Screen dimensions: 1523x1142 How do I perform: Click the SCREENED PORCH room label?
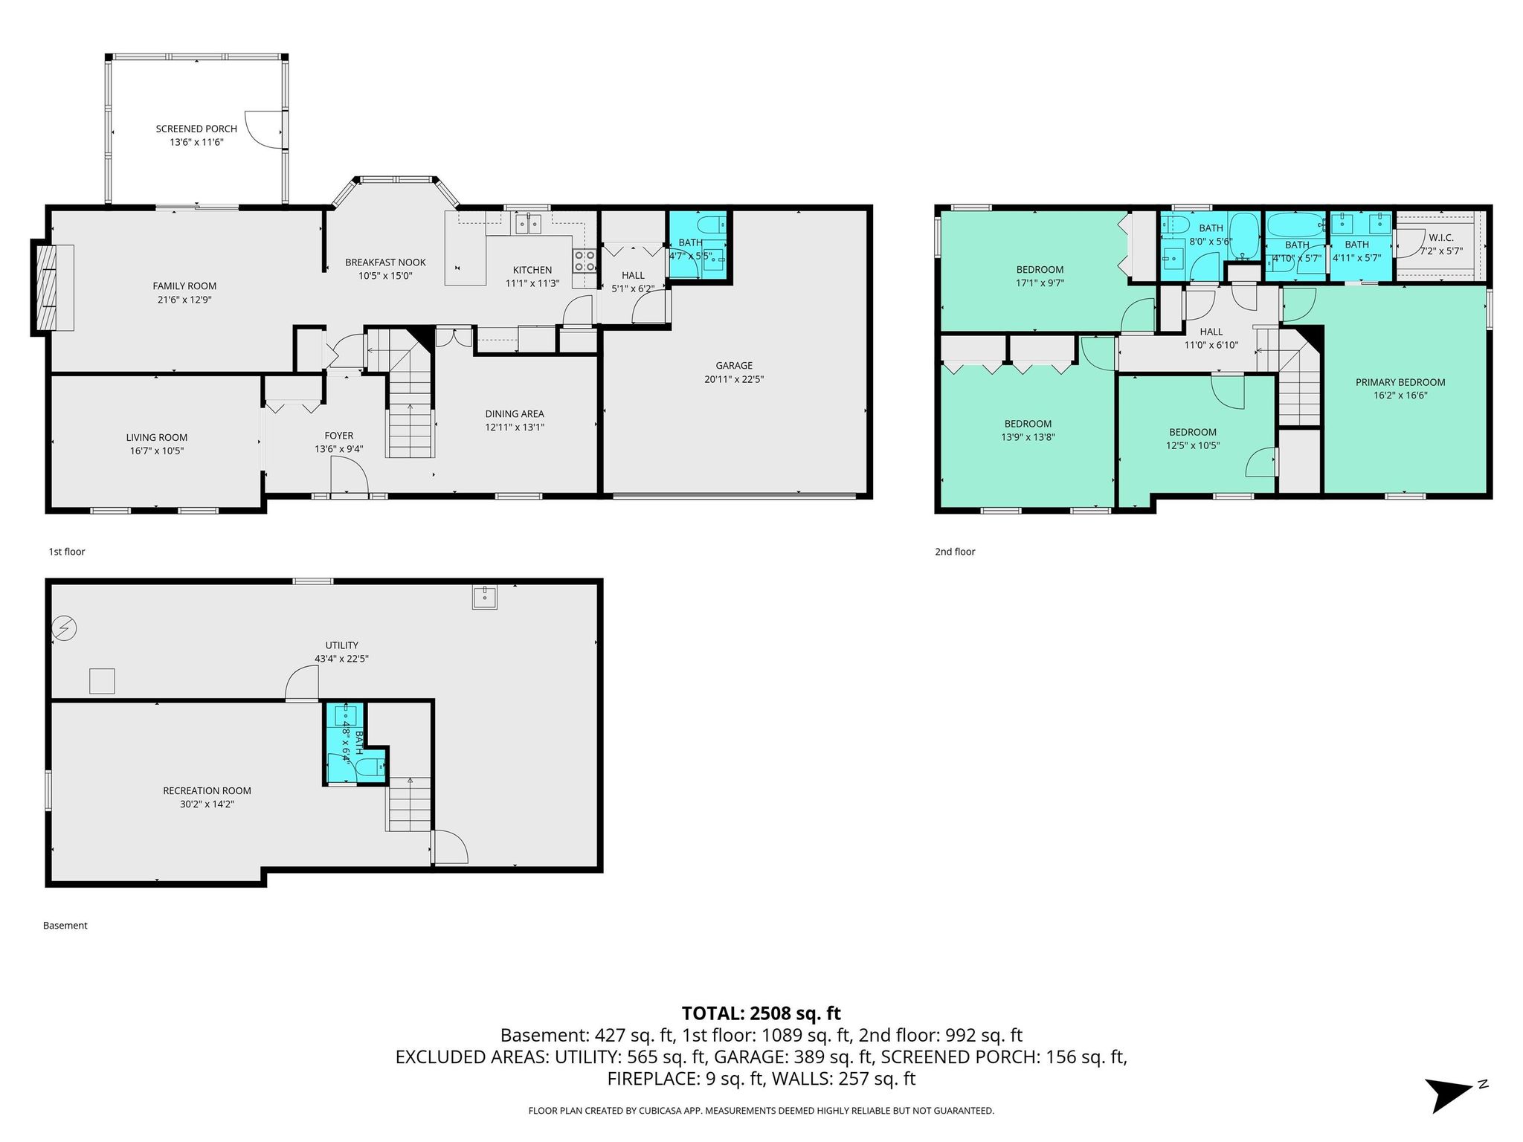click(196, 129)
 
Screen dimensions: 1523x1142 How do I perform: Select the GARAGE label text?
click(734, 365)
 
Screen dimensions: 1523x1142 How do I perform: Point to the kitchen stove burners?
click(585, 259)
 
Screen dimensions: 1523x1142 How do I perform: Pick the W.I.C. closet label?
click(1440, 237)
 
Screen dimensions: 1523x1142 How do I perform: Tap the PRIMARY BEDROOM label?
click(1400, 382)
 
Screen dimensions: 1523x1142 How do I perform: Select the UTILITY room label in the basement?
click(341, 645)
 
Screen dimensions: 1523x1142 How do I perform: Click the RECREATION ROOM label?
click(207, 790)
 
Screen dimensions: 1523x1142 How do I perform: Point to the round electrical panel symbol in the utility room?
click(65, 629)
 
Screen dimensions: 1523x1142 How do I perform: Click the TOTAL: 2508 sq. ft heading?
click(761, 1013)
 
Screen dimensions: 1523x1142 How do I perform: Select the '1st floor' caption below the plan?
click(67, 552)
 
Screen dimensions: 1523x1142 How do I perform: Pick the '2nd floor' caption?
click(955, 552)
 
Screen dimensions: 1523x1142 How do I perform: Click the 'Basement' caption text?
click(65, 926)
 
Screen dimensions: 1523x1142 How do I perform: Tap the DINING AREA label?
click(515, 413)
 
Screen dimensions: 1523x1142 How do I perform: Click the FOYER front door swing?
click(349, 475)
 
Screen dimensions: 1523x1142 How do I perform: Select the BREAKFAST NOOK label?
click(385, 262)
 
